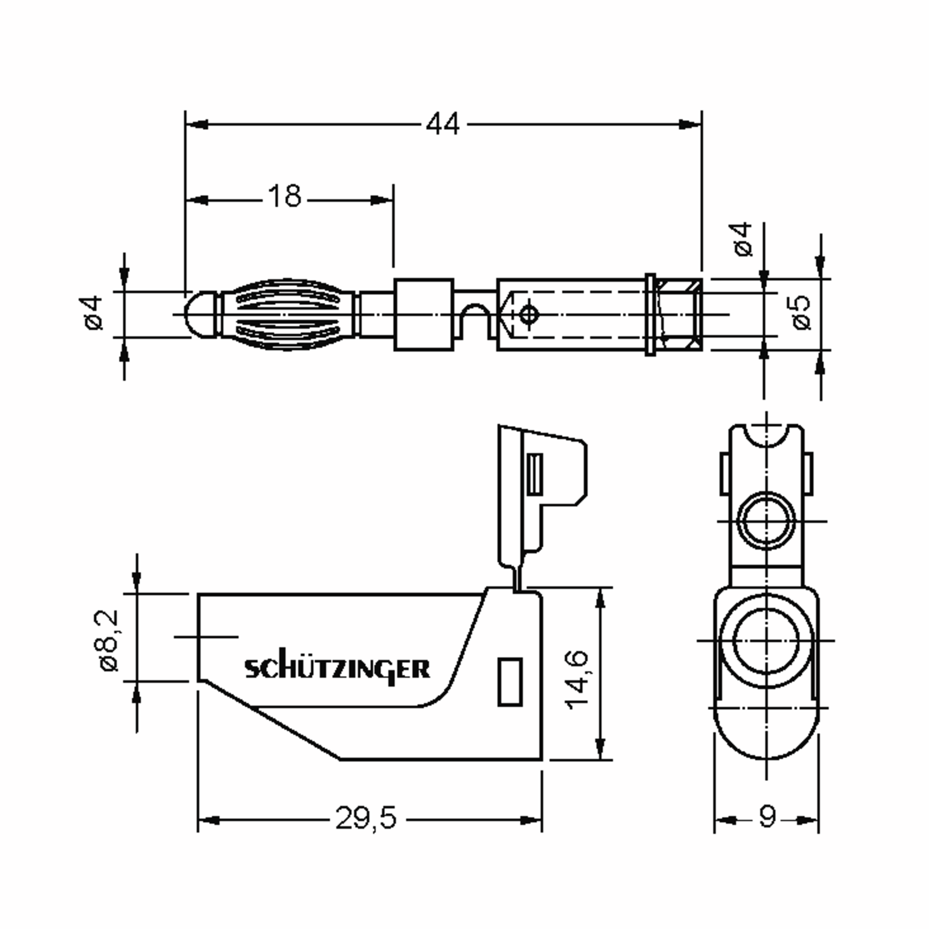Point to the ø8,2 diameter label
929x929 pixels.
tap(108, 641)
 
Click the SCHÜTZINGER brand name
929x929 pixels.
tap(337, 669)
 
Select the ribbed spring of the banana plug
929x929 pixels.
tap(288, 314)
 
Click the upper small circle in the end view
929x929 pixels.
tap(766, 521)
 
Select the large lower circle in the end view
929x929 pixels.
tap(766, 641)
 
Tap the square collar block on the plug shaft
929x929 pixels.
tap(423, 314)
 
